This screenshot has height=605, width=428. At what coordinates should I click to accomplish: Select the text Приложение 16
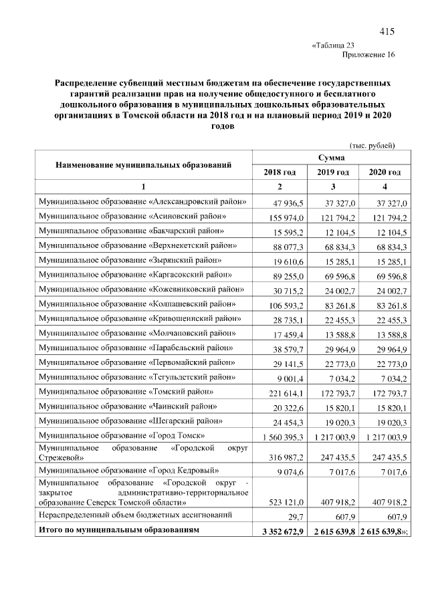[x=368, y=55]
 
